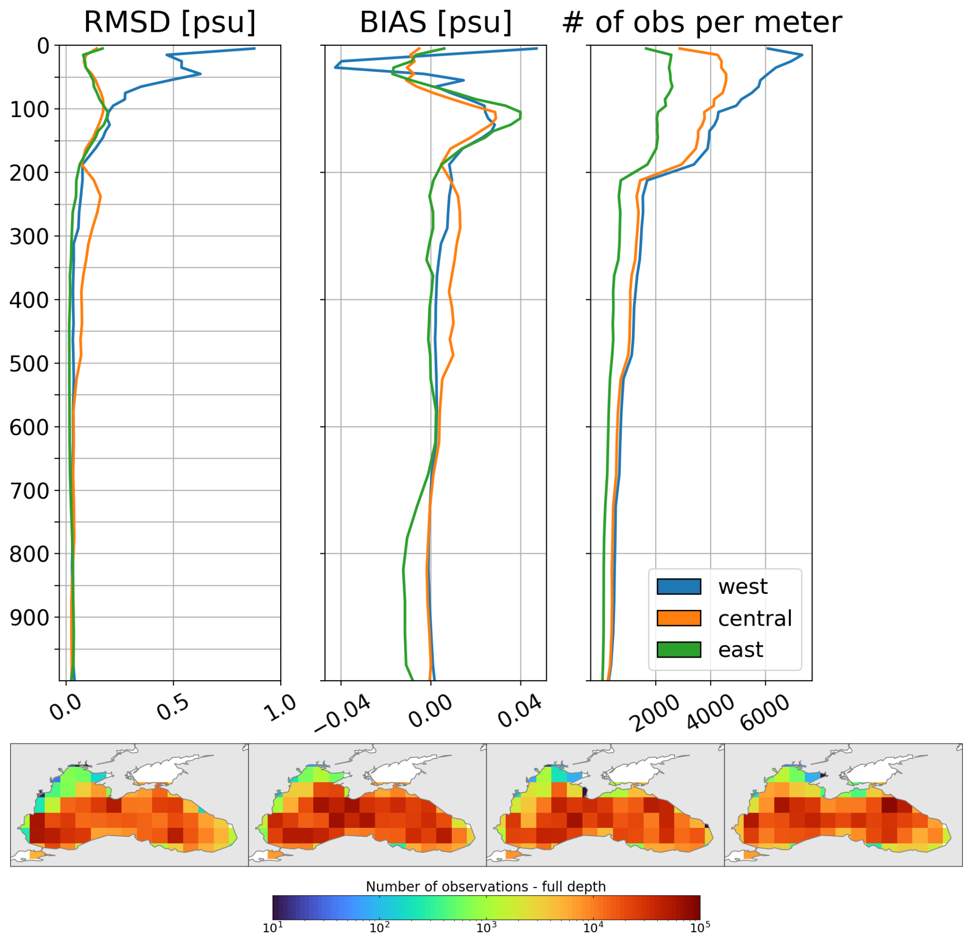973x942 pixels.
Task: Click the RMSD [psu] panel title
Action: pos(170,22)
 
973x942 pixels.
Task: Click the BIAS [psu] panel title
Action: pos(436,22)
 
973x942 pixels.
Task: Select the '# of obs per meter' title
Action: pos(702,22)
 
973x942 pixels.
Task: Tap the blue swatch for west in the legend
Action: pos(678,586)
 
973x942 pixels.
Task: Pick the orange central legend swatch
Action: pos(678,618)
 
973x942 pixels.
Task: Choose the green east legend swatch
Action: pos(678,649)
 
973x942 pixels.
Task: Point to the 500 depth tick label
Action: pos(29,364)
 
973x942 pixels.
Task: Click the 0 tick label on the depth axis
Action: pos(43,46)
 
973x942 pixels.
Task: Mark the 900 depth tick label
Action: pos(29,618)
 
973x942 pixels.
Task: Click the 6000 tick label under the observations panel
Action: pos(765,712)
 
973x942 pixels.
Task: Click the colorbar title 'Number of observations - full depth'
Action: pos(485,886)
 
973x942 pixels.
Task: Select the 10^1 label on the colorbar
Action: pos(273,928)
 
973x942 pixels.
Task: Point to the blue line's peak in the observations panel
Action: pos(802,55)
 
